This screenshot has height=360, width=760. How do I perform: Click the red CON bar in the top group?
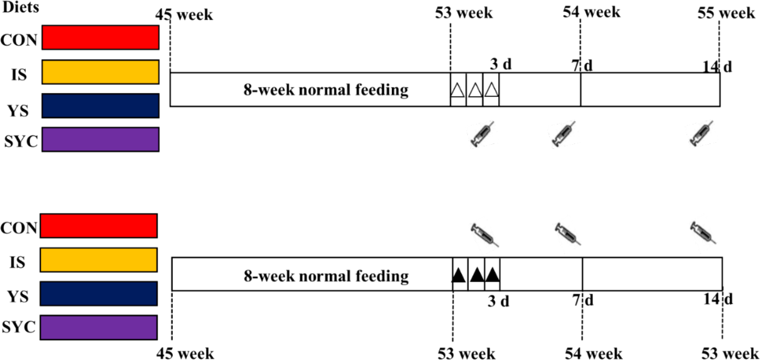point(100,37)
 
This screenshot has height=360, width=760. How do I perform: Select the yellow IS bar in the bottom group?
point(99,260)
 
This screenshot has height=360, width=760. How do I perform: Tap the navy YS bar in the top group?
point(100,106)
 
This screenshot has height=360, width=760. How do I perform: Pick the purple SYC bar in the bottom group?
point(99,328)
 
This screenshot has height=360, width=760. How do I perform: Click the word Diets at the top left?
point(21,7)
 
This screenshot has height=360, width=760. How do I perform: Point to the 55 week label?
point(726,13)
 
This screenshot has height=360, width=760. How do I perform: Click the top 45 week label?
point(184,15)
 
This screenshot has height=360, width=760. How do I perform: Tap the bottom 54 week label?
point(594,354)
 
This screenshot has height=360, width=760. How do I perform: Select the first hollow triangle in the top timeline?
point(458,90)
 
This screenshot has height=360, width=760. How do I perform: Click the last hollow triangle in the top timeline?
point(491,90)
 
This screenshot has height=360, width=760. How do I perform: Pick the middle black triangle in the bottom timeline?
point(477,274)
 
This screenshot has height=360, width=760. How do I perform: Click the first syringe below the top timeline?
point(482,134)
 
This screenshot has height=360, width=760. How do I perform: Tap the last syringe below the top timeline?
point(701,133)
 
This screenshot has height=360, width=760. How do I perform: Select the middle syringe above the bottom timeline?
point(567,234)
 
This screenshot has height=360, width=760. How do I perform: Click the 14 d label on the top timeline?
point(717,67)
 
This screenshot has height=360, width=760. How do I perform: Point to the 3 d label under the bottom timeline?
point(498,301)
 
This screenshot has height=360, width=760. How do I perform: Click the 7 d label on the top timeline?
point(582,66)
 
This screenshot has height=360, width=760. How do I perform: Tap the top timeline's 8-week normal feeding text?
point(326,90)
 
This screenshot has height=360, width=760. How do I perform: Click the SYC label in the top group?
point(21,141)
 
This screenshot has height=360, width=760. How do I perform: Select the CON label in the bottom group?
point(18,228)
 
